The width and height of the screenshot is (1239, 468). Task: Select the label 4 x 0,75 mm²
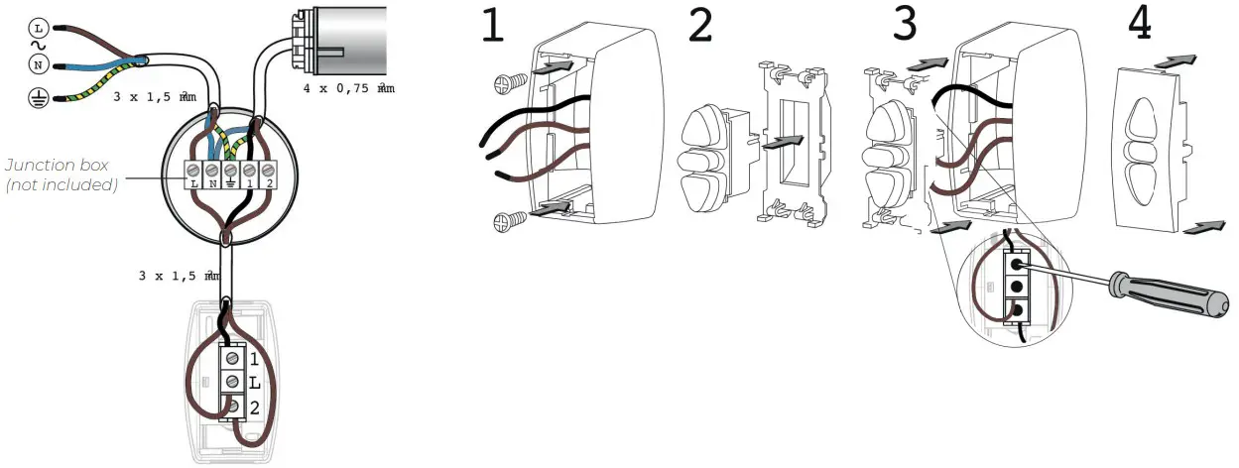click(348, 88)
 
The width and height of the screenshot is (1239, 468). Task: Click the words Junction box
click(58, 166)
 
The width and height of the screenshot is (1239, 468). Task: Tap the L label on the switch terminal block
click(255, 382)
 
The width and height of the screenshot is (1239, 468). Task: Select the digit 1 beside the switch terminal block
click(255, 358)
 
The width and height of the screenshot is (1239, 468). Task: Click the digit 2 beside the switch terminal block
click(255, 407)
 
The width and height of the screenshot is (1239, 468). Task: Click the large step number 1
click(493, 26)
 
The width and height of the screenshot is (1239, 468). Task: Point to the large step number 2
click(700, 26)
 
